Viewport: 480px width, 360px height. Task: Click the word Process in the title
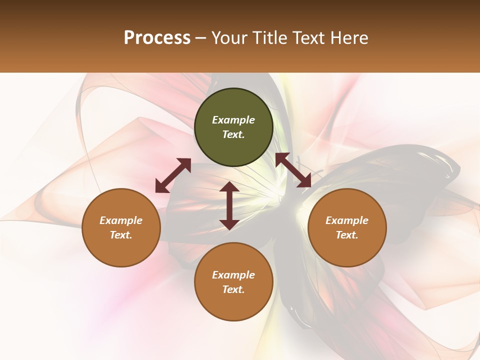click(x=157, y=38)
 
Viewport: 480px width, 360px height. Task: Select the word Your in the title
click(x=228, y=38)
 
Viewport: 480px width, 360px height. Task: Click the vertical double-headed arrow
click(x=229, y=205)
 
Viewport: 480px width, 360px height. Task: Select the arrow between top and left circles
click(x=173, y=175)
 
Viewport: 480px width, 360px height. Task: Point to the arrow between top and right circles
click(x=293, y=170)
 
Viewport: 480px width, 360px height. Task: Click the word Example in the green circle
click(x=233, y=120)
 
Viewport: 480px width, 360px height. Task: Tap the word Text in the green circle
click(x=233, y=134)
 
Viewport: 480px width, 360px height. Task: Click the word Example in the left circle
click(x=121, y=220)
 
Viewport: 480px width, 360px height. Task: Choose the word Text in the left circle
click(x=121, y=235)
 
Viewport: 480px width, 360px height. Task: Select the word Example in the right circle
click(x=347, y=220)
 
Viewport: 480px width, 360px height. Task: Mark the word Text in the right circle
click(x=347, y=235)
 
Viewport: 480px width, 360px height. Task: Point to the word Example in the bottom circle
click(x=233, y=275)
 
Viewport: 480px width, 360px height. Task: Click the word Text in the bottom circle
click(x=233, y=289)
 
